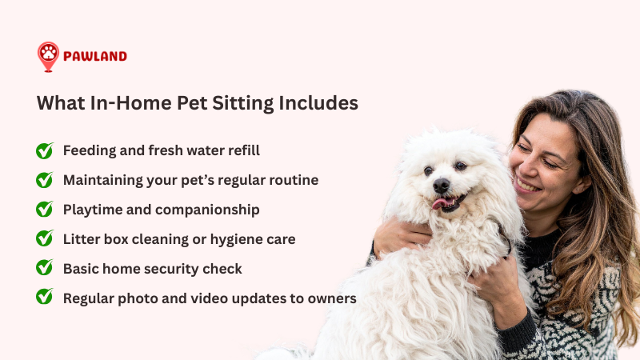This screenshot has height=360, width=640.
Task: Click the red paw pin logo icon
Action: coord(48,56)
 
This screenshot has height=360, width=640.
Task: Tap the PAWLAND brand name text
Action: coord(96,57)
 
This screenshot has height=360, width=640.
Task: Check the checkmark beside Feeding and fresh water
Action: coord(45,150)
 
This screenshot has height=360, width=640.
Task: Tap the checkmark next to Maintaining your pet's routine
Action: coord(45,180)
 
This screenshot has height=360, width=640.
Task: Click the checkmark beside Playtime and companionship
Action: coord(45,210)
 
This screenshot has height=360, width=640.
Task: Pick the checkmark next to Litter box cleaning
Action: coord(45,238)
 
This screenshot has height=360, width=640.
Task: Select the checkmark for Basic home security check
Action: coord(45,268)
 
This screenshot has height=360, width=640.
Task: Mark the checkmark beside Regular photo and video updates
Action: coord(45,297)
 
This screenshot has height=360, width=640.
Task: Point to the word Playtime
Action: coord(93,210)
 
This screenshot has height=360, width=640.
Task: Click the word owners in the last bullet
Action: coord(331,298)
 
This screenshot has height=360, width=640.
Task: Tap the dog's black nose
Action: coord(442,186)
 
